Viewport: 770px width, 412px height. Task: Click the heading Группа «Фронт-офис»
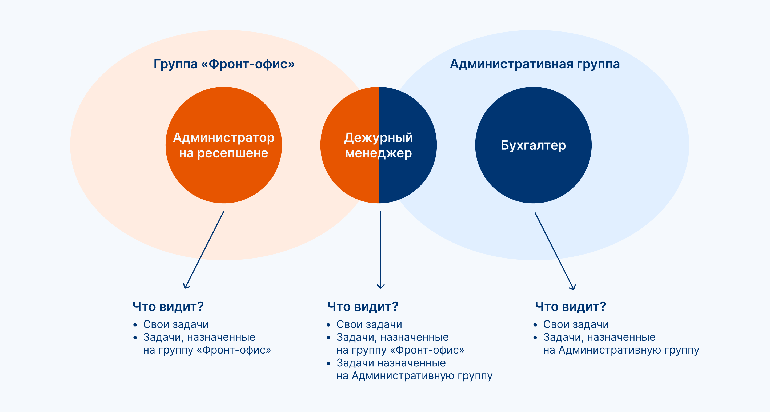pyautogui.click(x=224, y=64)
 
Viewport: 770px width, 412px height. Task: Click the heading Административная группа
pyautogui.click(x=535, y=64)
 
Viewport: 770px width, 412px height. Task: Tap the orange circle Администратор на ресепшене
pyautogui.click(x=224, y=180)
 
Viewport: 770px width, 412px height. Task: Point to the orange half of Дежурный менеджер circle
pyautogui.click(x=344, y=180)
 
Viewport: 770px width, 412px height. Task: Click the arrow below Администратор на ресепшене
pyautogui.click(x=204, y=250)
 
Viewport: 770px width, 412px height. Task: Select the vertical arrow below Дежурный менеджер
pyautogui.click(x=380, y=250)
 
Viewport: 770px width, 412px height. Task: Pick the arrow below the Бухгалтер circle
pyautogui.click(x=555, y=251)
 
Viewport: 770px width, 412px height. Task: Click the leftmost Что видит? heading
pyautogui.click(x=168, y=307)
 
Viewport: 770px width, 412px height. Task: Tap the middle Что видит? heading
pyautogui.click(x=363, y=307)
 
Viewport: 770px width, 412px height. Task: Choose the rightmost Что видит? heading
pyautogui.click(x=570, y=307)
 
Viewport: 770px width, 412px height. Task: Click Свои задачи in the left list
pyautogui.click(x=176, y=324)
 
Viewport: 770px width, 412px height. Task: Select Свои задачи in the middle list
pyautogui.click(x=369, y=324)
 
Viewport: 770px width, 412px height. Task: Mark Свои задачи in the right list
pyautogui.click(x=576, y=324)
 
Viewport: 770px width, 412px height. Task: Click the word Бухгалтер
pyautogui.click(x=533, y=145)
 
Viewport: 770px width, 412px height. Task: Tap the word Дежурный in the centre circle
pyautogui.click(x=378, y=138)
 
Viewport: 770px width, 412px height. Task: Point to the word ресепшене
pyautogui.click(x=232, y=153)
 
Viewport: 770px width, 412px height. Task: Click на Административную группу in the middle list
pyautogui.click(x=414, y=375)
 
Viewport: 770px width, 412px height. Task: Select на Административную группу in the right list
pyautogui.click(x=621, y=350)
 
